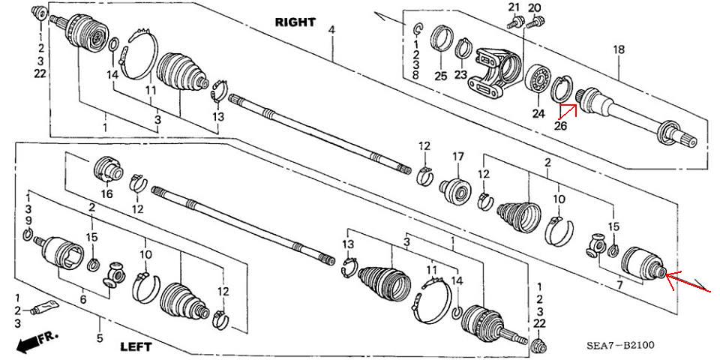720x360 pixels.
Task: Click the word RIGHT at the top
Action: [x=295, y=22]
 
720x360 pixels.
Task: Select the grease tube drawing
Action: [x=45, y=307]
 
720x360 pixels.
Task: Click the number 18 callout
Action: [x=619, y=49]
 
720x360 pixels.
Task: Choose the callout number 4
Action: [x=331, y=30]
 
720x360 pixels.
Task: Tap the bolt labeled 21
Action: [x=516, y=21]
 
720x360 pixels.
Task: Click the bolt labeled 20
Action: [x=535, y=20]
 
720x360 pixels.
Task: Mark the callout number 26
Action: [x=561, y=125]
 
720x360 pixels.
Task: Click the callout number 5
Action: [x=100, y=339]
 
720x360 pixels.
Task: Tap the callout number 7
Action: [x=619, y=285]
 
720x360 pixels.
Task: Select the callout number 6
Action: [x=82, y=299]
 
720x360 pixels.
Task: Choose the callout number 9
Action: [x=28, y=220]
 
